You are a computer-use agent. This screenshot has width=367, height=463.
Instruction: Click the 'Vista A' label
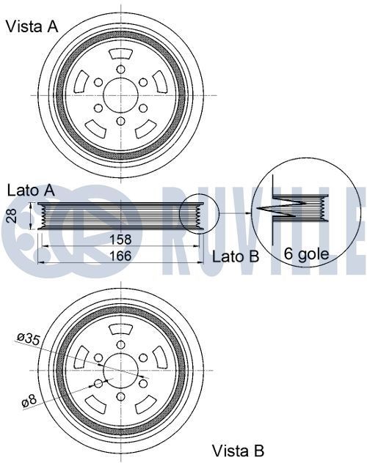[x=31, y=27]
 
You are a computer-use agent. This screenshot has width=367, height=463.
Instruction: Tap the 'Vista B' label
[x=238, y=449]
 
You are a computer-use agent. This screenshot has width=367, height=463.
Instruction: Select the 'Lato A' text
[x=31, y=189]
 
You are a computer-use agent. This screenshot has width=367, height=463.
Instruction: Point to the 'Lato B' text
[x=236, y=256]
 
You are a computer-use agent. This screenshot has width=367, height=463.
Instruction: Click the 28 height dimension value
[x=10, y=215]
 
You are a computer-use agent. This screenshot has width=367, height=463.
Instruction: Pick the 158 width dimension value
[x=120, y=240]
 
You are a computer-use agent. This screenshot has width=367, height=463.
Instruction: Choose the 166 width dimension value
[x=120, y=256]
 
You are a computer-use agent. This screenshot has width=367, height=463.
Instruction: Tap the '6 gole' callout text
[x=306, y=256]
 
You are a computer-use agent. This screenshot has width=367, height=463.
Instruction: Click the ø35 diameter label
[x=27, y=338]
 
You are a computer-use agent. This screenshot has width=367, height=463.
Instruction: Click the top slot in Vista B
[x=120, y=330]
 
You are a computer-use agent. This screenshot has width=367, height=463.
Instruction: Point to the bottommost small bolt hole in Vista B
[x=120, y=396]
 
